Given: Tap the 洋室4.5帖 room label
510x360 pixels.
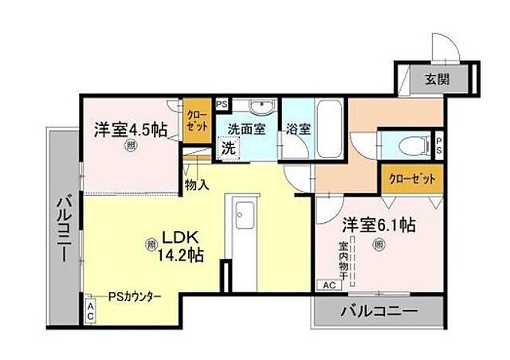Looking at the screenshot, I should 131,129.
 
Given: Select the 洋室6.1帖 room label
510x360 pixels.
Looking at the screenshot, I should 379,225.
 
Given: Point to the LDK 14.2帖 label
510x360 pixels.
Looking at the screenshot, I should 182,245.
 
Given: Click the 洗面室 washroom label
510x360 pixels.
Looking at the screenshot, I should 246,129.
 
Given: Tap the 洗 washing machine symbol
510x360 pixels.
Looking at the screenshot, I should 229,147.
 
